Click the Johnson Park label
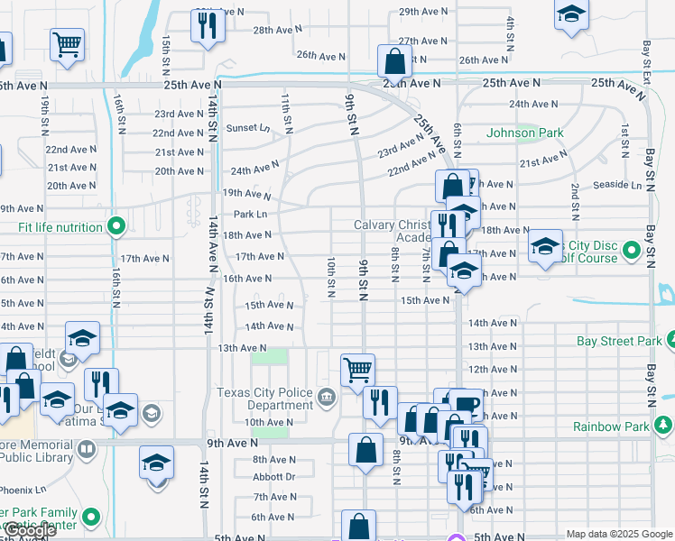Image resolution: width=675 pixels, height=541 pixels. pos(524,133)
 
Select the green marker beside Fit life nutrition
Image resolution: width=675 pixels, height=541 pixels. pos(116,227)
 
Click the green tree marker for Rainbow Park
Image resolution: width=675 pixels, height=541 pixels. pos(665,425)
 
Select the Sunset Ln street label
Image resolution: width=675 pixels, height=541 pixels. pos(247,129)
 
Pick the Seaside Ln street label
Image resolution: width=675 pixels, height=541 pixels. pos(618,185)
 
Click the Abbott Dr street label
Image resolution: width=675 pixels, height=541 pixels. pos(273,476)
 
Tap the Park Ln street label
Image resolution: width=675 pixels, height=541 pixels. pos(250,215)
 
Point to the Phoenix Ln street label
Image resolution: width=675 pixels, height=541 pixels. pos(23,490)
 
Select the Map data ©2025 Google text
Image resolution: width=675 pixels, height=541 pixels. pos(618,534)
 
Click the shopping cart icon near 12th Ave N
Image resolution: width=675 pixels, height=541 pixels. pos(357,368)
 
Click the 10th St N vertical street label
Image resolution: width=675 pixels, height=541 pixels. pos(331,277)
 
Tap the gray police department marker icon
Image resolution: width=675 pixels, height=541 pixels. pos(325,394)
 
